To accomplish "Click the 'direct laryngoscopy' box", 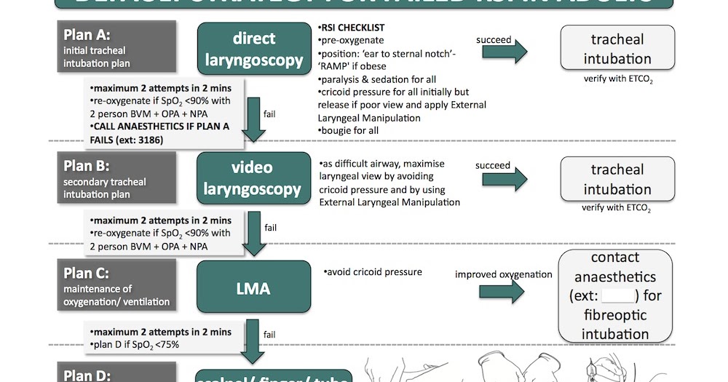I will coord(253,49).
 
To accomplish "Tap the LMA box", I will coord(253,289).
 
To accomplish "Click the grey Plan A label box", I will coord(117,47).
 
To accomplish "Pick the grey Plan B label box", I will coord(117,178).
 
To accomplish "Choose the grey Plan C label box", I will coord(117,284).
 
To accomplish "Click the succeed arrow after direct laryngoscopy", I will coord(513,50).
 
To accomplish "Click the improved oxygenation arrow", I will coord(503,291).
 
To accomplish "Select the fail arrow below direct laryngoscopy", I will coord(253,120).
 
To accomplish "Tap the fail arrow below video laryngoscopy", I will coord(254,234).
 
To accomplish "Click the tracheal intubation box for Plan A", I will coord(617,49).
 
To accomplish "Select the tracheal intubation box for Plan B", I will coord(617,179).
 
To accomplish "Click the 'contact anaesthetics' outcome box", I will coord(615,295).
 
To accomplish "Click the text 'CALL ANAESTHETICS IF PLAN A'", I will coord(159,127).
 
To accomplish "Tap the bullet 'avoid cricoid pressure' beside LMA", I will coord(373,272).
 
